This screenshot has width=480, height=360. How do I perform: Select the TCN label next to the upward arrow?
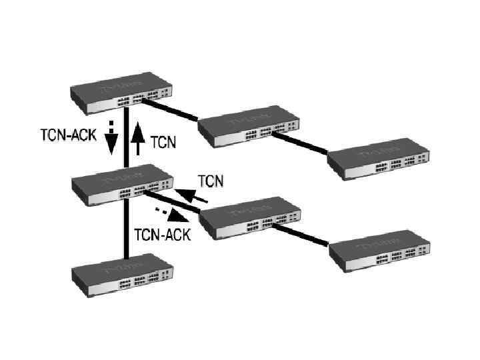coord(164,142)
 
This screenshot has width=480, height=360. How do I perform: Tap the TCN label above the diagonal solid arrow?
coord(211,180)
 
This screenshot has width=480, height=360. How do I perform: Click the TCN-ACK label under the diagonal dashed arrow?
coord(163,234)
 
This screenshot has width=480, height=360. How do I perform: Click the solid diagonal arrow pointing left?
coord(196,196)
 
